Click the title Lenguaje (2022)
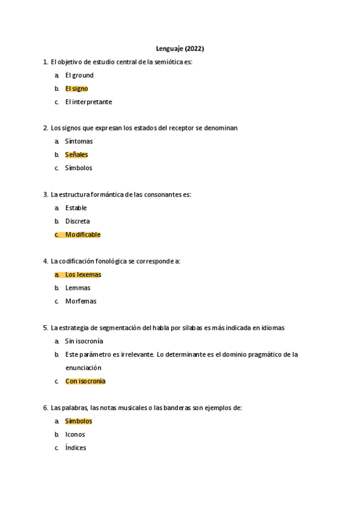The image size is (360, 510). tap(180, 49)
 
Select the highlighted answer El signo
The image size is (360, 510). tap(76, 88)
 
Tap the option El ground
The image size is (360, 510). tap(79, 75)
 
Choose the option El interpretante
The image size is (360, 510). tap(88, 102)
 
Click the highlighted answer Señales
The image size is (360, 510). tap(76, 155)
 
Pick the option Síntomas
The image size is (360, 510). tap(79, 141)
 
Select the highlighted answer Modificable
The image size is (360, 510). tap(83, 235)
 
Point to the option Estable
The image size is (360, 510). tap(76, 208)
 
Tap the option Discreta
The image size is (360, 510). tap(78, 221)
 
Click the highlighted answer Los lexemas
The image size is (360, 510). tap(83, 274)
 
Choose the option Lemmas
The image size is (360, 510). tap(78, 287)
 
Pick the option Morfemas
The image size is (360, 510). tap(81, 301)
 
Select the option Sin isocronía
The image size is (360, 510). tap(84, 341)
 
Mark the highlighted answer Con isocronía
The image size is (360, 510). tap(85, 381)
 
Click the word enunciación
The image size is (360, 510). tap(84, 367)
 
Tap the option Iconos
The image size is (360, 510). tap(75, 434)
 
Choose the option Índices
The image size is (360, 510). tap(76, 447)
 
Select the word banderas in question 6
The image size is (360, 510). tap(168, 408)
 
